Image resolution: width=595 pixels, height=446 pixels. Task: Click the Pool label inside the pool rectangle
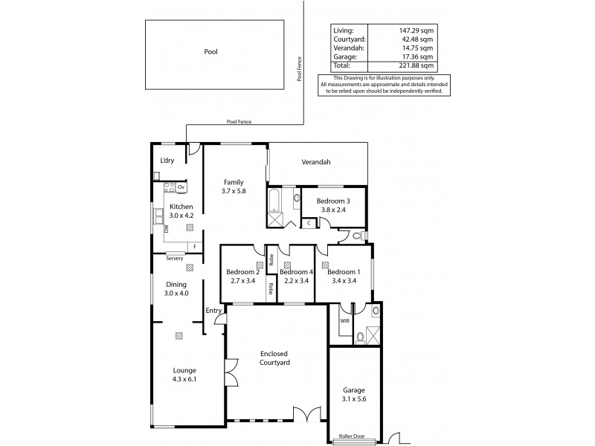coord(212,52)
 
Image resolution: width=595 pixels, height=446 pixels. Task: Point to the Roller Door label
coord(354,436)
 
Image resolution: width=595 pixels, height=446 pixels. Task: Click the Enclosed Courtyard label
coord(274,358)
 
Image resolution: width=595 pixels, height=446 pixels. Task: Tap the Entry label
coord(213,311)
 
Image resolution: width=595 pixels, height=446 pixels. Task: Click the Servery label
coord(174,258)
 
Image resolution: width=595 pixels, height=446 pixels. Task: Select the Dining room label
coord(176,284)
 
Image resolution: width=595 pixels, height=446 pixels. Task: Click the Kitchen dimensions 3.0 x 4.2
coord(181,216)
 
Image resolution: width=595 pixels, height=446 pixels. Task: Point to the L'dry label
coord(167,161)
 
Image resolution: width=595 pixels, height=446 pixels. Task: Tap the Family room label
coord(233,181)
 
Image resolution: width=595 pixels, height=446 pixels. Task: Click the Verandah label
coord(315,162)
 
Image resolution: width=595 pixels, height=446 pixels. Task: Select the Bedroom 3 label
coord(332,201)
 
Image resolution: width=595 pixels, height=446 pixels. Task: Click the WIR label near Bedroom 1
coord(344,320)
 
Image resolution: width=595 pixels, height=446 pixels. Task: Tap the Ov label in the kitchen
coord(181,187)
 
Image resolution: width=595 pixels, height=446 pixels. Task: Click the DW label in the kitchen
coord(167,230)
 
